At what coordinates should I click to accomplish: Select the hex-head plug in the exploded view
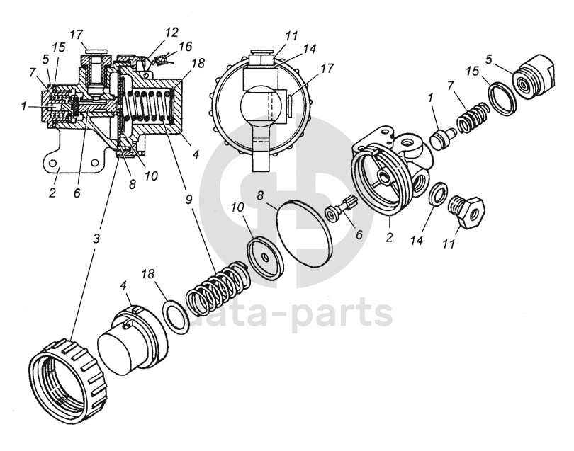[466, 210]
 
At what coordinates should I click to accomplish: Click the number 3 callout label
[95, 237]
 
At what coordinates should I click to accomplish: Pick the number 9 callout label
[188, 200]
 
